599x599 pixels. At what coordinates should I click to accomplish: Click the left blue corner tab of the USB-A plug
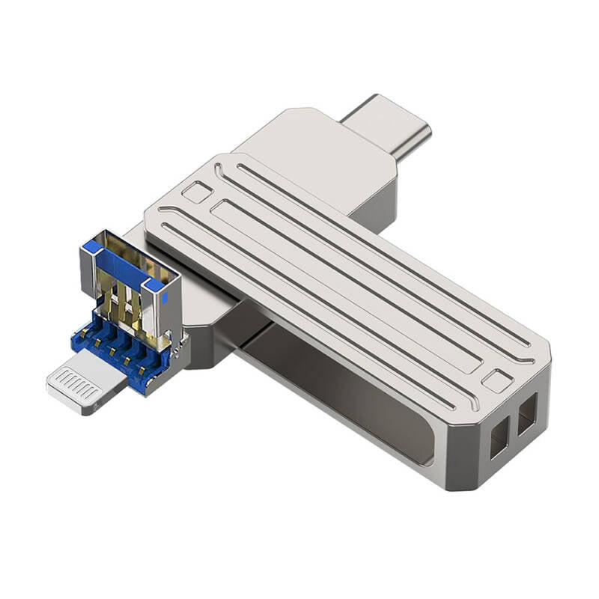point(91,246)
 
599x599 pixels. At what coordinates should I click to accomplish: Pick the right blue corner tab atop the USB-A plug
point(153,285)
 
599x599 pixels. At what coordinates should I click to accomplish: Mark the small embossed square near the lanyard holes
point(496,380)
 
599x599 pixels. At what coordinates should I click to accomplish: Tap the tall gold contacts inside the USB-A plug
point(127,303)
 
